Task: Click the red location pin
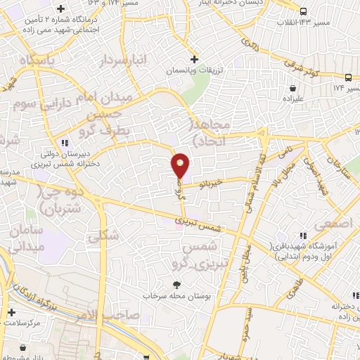click(181, 165)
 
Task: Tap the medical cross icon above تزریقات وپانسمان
click(195, 58)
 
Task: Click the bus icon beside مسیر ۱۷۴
click(348, 77)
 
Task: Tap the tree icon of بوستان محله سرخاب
click(177, 284)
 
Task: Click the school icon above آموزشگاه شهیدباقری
click(303, 236)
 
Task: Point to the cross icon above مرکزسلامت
click(11, 312)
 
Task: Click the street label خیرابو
click(210, 183)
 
